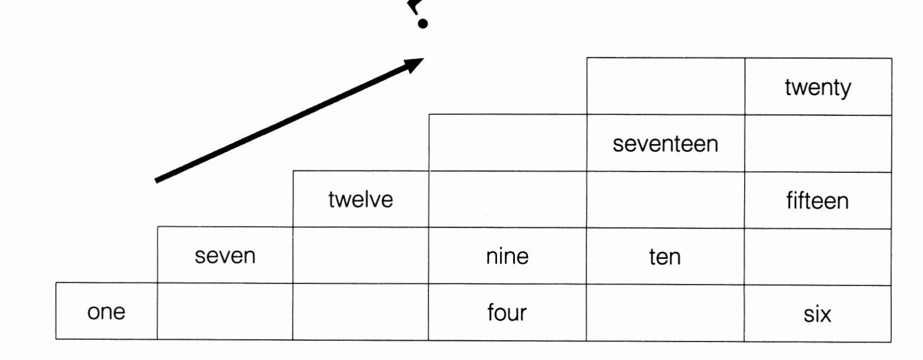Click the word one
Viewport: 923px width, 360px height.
106,313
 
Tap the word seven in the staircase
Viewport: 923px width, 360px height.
225,257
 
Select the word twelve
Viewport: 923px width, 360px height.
360,200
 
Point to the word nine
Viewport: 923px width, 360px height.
507,257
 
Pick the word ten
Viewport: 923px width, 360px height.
665,257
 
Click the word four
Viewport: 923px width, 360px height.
507,313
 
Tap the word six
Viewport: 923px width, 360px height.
817,313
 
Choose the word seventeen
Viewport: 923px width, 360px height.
665,144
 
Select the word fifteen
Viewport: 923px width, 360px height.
817,201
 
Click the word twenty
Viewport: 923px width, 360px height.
817,88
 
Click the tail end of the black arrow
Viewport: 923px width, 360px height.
157,179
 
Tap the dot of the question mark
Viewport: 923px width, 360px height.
424,24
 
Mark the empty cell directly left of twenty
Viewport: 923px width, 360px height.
665,86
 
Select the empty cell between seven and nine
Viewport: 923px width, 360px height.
360,256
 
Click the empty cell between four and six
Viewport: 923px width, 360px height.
665,313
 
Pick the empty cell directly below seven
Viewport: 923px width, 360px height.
225,312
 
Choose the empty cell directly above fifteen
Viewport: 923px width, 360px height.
818,144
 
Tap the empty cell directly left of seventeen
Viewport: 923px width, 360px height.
507,143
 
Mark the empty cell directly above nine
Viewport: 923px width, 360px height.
507,200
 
